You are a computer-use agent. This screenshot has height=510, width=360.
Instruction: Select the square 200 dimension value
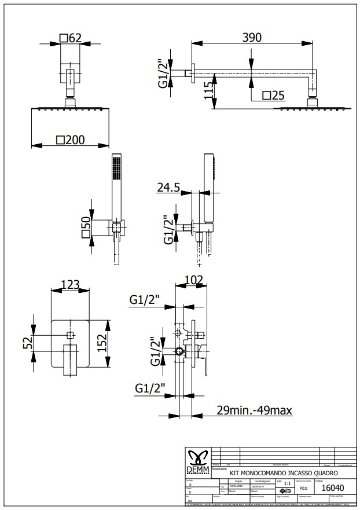tap(70, 140)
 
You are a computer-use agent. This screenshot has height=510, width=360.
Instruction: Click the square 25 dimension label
tap(273, 96)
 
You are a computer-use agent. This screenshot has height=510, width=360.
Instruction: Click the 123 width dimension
tap(70, 284)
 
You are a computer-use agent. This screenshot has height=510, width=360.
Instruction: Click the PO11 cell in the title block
tap(304, 489)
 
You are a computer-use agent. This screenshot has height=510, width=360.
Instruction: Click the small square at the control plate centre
tap(71, 335)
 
